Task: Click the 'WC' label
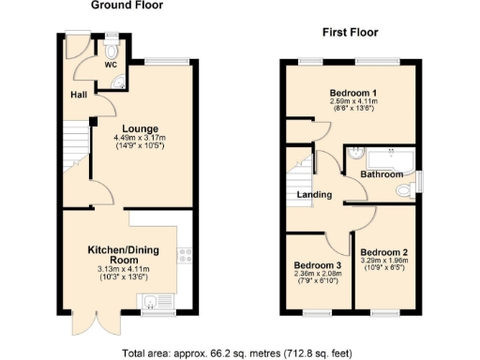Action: tap(111, 66)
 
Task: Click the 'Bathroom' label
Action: tap(382, 174)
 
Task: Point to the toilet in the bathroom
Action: tap(404, 190)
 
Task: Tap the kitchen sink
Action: tap(151, 300)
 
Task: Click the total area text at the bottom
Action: tap(239, 352)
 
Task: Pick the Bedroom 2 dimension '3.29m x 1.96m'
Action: tap(385, 262)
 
